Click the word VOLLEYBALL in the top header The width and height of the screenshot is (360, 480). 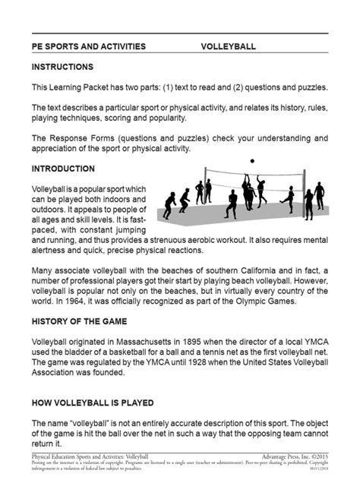click(x=228, y=46)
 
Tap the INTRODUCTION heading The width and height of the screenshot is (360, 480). click(x=63, y=169)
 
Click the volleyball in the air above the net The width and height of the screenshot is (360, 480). click(x=252, y=162)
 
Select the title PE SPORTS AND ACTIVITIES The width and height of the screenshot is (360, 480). click(x=89, y=46)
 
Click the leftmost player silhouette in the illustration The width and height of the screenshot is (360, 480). click(x=169, y=205)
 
